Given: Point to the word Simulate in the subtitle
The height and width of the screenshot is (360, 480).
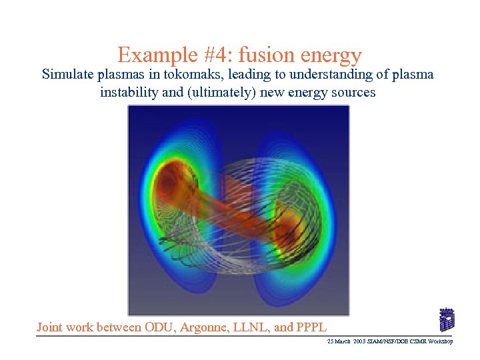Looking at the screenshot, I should (67, 74).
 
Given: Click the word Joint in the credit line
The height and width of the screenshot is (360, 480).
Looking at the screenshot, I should (52, 327).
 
